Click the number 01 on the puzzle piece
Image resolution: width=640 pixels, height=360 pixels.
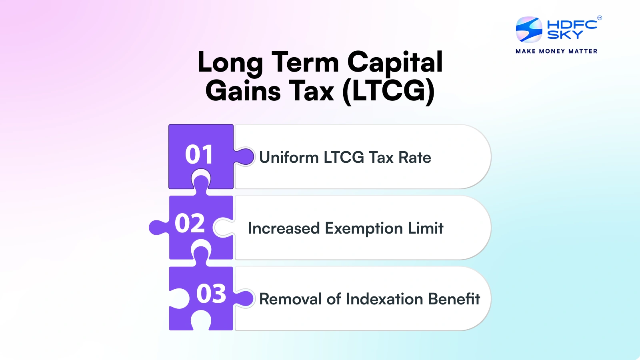click(199, 155)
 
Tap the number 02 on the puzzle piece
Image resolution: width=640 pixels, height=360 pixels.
click(190, 223)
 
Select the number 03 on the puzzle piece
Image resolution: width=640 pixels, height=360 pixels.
click(211, 294)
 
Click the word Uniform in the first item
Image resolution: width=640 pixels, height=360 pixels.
click(289, 157)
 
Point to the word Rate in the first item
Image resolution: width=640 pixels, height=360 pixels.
click(415, 157)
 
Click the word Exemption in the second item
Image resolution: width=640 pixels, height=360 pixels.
click(364, 228)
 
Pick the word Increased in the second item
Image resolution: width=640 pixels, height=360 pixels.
click(284, 228)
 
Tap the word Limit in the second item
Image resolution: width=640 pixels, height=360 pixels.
click(426, 228)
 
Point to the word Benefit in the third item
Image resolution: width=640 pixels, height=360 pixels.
click(454, 299)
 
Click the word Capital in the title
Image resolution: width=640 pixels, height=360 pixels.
click(395, 63)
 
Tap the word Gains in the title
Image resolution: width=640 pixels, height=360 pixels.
click(243, 91)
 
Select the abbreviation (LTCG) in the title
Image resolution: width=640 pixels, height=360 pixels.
click(388, 91)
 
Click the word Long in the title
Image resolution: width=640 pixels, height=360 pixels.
click(230, 63)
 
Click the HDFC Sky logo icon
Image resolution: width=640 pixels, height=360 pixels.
click(529, 30)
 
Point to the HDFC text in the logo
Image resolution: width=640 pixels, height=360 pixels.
click(572, 24)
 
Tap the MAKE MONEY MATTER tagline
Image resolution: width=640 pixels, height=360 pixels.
click(556, 51)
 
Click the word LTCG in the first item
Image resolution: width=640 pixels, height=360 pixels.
click(344, 157)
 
